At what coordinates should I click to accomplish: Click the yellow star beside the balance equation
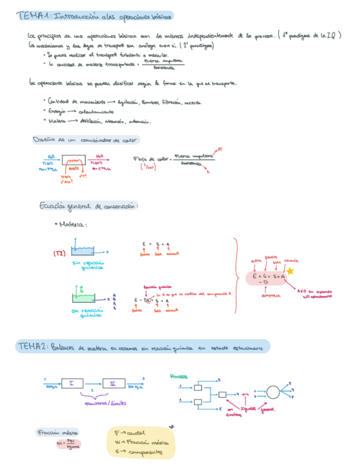[x=290, y=271]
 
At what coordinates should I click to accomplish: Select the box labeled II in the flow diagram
[x=113, y=383]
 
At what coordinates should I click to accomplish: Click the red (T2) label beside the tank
[x=60, y=252]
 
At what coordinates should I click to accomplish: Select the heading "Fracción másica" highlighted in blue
[x=58, y=432]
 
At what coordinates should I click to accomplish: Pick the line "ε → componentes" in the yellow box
[x=138, y=452]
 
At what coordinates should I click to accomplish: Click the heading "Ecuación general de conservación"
[x=88, y=206]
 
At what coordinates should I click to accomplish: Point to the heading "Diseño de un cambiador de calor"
[x=86, y=140]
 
